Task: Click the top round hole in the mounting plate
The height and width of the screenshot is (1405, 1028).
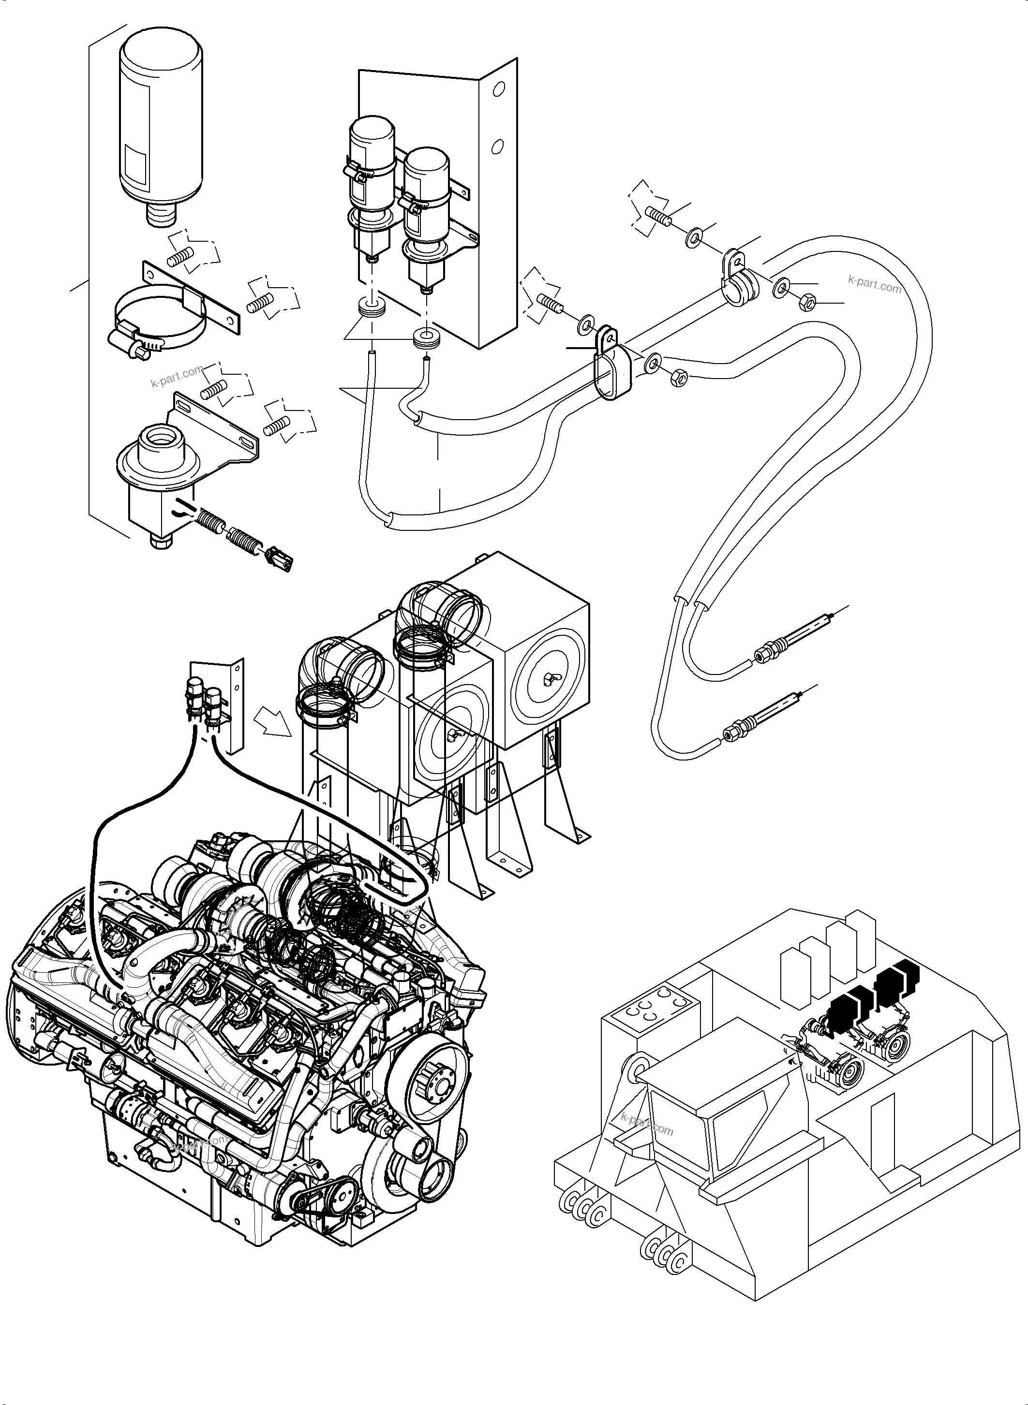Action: (x=498, y=89)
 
